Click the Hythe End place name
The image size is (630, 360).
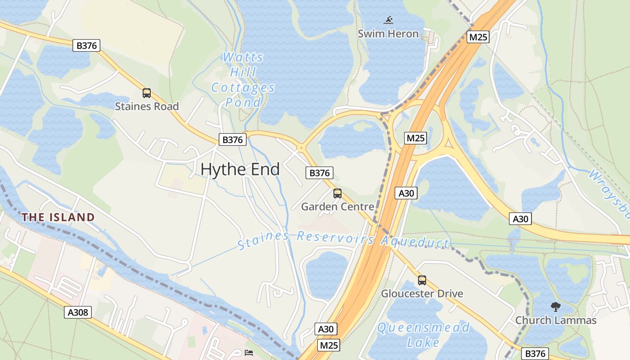(240, 170)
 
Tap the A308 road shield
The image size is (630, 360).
(78, 312)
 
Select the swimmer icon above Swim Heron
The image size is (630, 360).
(388, 20)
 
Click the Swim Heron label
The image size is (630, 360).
(388, 34)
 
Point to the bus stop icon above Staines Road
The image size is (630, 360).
(147, 93)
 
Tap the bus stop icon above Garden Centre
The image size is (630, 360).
(337, 193)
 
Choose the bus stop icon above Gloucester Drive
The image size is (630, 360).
(422, 280)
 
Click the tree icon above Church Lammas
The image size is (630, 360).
(556, 307)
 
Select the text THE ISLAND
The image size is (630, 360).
(58, 217)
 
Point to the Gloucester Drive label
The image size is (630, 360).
(422, 294)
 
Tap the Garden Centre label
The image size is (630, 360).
(337, 207)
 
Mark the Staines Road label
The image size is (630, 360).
(147, 107)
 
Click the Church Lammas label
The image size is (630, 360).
(556, 320)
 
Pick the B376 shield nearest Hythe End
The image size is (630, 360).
(233, 140)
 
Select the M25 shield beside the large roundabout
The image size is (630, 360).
(415, 138)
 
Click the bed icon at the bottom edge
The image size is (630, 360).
(248, 352)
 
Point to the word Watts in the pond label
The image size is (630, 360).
(243, 58)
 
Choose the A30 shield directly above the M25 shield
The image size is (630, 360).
(325, 329)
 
